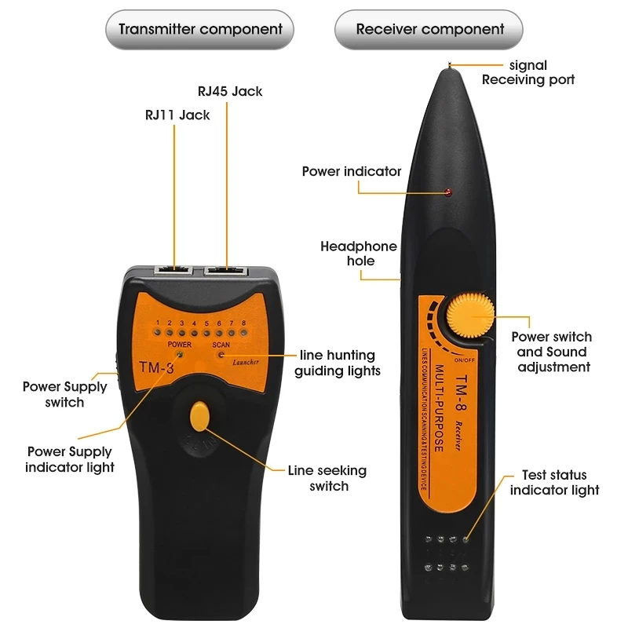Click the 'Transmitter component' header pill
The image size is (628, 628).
(x=200, y=30)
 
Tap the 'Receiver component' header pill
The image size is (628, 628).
(x=429, y=30)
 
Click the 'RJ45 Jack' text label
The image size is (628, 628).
(x=230, y=91)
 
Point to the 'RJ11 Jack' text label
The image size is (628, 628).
(x=177, y=115)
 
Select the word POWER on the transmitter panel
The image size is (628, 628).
(x=179, y=345)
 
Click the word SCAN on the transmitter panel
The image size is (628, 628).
(x=221, y=345)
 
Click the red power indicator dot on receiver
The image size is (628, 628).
(x=448, y=193)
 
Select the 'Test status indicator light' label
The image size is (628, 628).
(x=554, y=483)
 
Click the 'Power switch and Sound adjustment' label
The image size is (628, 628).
(x=552, y=352)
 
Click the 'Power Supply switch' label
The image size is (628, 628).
(x=64, y=394)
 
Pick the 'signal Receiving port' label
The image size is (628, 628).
(x=528, y=72)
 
